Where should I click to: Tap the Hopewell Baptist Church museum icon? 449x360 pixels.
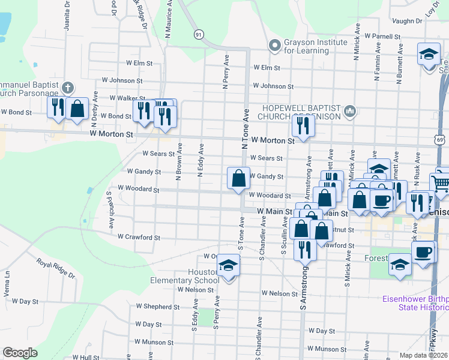[x=351, y=112]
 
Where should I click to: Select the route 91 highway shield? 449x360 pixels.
[x=198, y=35]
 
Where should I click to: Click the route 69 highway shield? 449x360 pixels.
[x=440, y=139]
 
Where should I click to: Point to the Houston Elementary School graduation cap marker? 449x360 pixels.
[x=229, y=265]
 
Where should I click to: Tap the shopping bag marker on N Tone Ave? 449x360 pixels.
[x=239, y=178]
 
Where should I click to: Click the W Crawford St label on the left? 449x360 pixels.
[x=139, y=238]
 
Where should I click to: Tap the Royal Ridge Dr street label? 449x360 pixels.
[x=55, y=268]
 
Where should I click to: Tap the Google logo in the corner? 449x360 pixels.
[x=20, y=352]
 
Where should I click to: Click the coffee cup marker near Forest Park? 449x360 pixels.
[x=424, y=252]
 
